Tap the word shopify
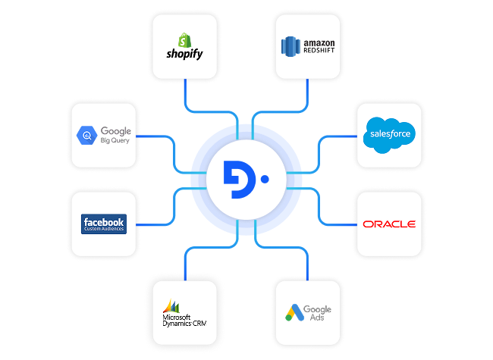tap(184, 54)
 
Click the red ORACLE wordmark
tap(388, 224)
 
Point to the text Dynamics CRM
tap(184, 324)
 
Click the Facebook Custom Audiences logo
tap(103, 224)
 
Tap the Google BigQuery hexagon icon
tap(86, 136)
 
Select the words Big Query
tap(115, 141)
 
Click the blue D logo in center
tap(240, 180)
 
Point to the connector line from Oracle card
tap(338, 224)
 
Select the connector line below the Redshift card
tap(307, 92)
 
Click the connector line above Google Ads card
tap(307, 267)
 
